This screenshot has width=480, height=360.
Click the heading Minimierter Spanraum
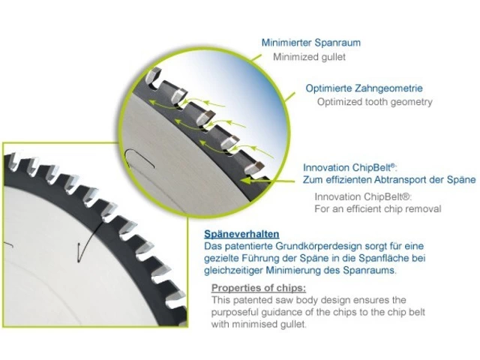click(x=311, y=43)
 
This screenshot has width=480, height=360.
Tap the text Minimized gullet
click(x=309, y=57)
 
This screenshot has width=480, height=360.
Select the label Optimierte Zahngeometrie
click(x=364, y=88)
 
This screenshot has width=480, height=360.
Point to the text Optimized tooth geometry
click(x=375, y=102)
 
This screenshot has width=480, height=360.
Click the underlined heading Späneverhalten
click(x=241, y=234)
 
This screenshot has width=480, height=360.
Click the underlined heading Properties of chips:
click(x=259, y=288)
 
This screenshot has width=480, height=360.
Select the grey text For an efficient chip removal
click(x=378, y=209)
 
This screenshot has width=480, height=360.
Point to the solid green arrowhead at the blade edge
click(x=247, y=181)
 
